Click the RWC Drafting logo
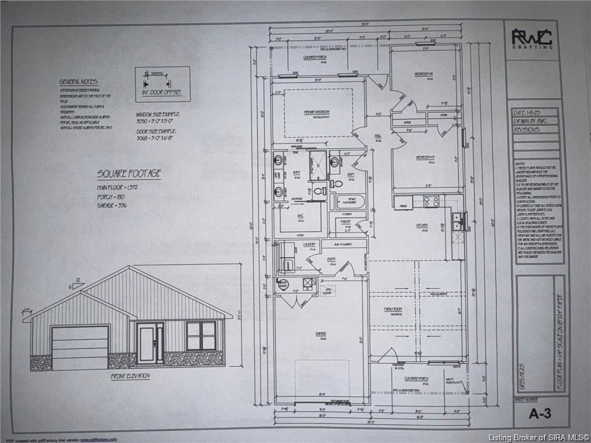[532, 39]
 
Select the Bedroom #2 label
[424, 74]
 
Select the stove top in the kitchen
[431, 201]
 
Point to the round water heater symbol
[283, 284]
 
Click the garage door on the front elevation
[80, 347]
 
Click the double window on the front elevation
[201, 336]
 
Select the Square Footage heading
[129, 174]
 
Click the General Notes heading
[79, 82]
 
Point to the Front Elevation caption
[130, 376]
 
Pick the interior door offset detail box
[162, 84]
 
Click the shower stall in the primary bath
[318, 166]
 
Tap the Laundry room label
[309, 245]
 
